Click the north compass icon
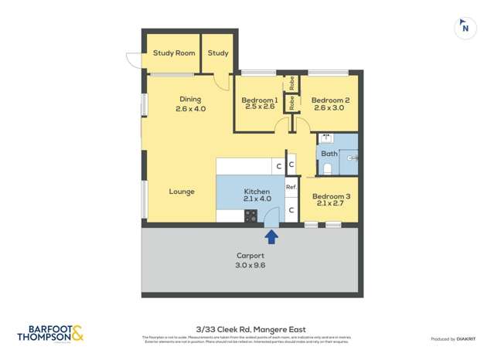point(464,27)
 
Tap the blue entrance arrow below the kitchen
point(271,236)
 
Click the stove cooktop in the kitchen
point(251,217)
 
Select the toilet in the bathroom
point(328,168)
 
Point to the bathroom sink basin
point(326,139)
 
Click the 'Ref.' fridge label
point(291,187)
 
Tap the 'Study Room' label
point(174,53)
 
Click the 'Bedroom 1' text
point(260,100)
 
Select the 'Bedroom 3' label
point(331,197)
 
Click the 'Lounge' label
point(182,192)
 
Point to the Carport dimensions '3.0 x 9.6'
point(250,266)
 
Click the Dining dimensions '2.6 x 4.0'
point(190,109)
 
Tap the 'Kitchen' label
point(257,192)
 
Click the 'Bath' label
point(329,154)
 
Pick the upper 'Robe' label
point(292,81)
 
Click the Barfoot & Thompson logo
point(50,332)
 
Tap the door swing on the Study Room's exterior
point(135,59)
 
